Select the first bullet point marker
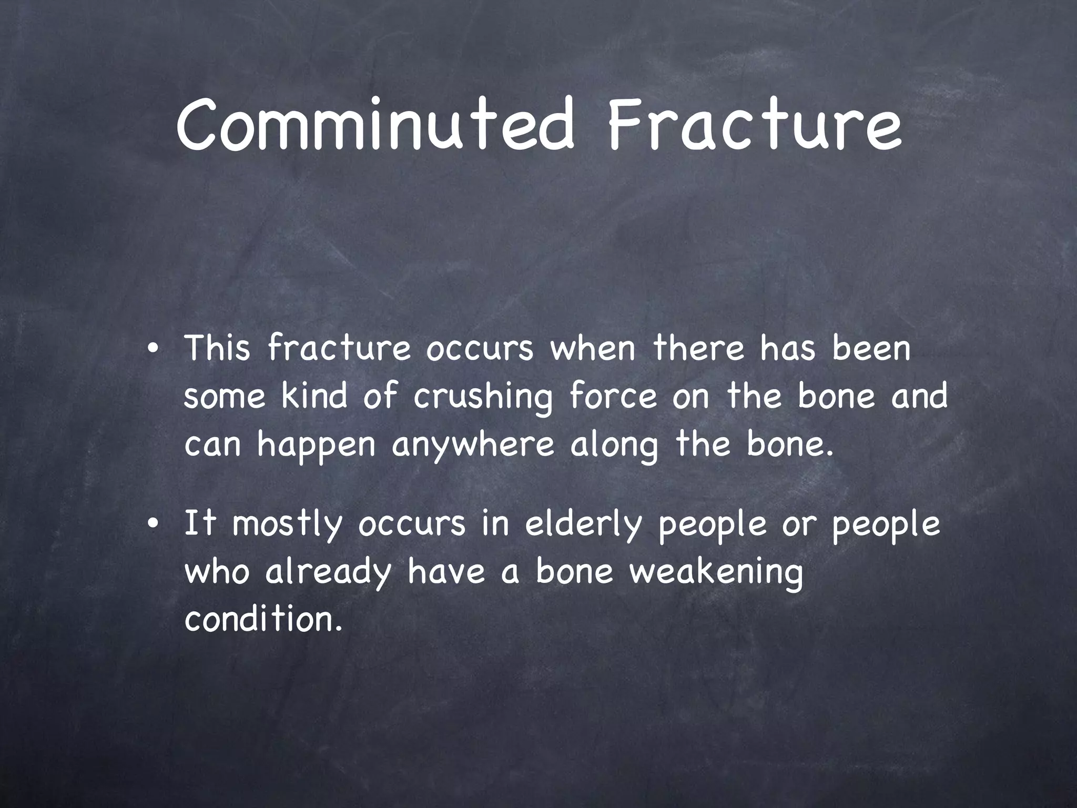click(x=153, y=350)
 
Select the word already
click(x=329, y=572)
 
